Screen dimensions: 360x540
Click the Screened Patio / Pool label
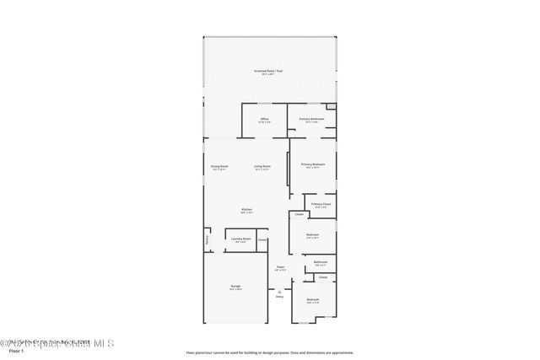click(268, 72)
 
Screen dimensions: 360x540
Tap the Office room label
click(264, 119)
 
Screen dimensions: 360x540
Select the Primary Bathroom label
click(312, 119)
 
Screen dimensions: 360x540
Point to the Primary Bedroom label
click(313, 164)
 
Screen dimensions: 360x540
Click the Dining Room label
click(219, 167)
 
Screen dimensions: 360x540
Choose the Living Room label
click(262, 167)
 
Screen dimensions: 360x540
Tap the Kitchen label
click(247, 210)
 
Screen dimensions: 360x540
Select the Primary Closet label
click(321, 204)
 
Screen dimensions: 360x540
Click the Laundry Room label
click(241, 239)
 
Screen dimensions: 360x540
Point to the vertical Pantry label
click(207, 241)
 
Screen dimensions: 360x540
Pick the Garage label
click(235, 287)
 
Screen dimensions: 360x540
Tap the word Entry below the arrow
click(279, 297)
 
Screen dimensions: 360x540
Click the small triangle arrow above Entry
click(279, 290)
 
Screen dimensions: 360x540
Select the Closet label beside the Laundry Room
click(262, 240)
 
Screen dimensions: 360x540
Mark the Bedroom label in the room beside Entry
click(313, 300)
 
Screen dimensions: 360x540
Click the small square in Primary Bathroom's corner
click(332, 107)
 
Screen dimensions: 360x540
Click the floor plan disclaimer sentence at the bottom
click(269, 352)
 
